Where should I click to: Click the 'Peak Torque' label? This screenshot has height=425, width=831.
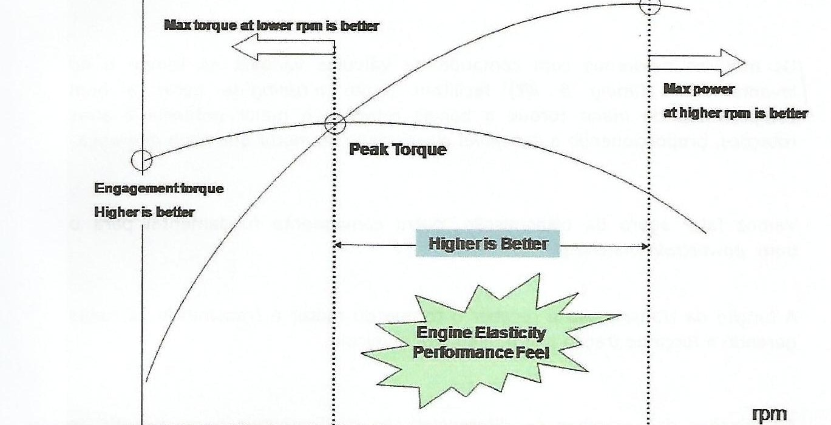[x=398, y=149]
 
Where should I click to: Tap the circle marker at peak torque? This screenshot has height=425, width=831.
[x=334, y=124]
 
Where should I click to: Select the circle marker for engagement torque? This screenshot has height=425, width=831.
[x=142, y=161]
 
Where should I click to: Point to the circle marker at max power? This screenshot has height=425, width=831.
[x=650, y=6]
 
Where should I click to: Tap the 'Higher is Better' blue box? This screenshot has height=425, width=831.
[x=488, y=244]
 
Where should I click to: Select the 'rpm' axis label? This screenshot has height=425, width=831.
[x=769, y=415]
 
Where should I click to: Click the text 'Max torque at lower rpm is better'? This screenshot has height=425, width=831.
[x=271, y=26]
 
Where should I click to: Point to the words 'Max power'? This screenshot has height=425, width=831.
[x=699, y=89]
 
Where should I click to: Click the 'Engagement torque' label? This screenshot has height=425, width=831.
[x=159, y=188]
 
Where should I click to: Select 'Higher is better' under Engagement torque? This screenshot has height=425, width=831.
[x=144, y=212]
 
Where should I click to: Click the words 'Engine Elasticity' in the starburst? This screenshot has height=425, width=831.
[x=481, y=333]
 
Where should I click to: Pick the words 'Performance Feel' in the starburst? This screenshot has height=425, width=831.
[x=481, y=352]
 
